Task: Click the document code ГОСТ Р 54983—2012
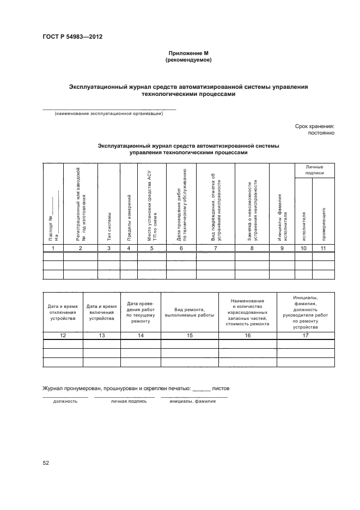[x=72, y=37]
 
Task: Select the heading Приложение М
[x=188, y=53]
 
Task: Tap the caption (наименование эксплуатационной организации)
[x=108, y=114]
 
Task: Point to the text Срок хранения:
[x=314, y=126]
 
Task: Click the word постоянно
[x=320, y=132]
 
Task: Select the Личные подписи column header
[x=314, y=169]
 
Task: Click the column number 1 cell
[x=53, y=248]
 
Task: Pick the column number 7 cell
[x=216, y=248]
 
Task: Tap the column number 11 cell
[x=324, y=248]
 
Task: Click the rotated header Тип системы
[x=109, y=226]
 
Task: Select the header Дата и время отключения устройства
[x=63, y=312]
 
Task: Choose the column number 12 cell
[x=63, y=336]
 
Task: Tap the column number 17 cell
[x=306, y=336]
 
